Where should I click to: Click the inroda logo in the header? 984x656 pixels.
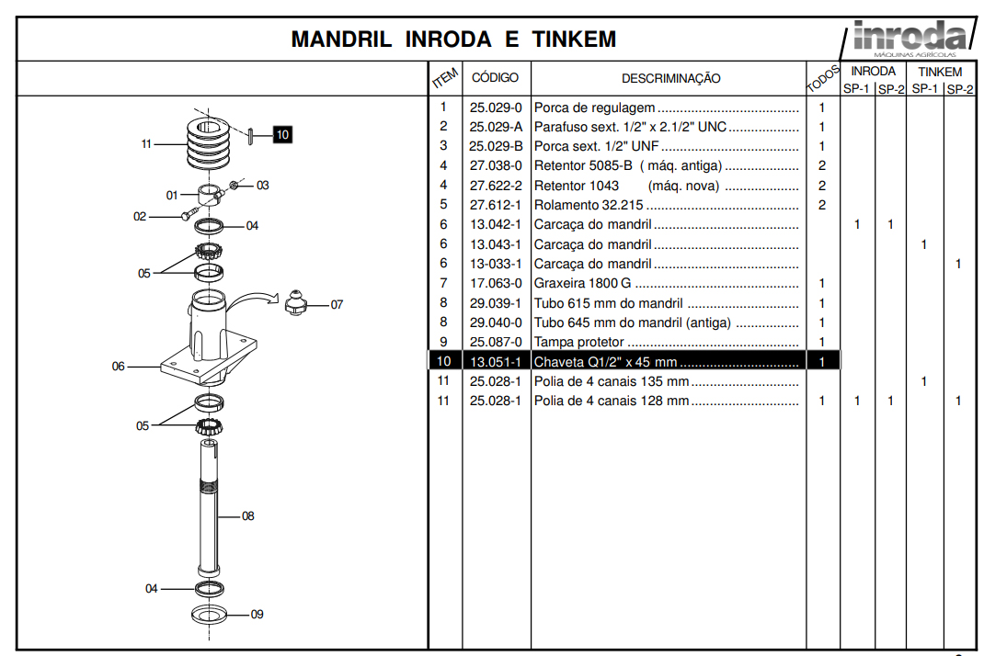point(909,37)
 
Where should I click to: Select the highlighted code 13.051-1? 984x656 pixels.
point(496,362)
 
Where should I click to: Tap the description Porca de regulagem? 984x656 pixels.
point(595,107)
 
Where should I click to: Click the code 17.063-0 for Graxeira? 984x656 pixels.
point(496,284)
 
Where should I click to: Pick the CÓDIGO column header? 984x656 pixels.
point(495,78)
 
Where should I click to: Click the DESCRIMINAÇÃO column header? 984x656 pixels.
point(670,79)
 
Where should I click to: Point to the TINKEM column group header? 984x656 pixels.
point(940,72)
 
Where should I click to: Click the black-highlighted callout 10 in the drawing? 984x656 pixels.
point(282,135)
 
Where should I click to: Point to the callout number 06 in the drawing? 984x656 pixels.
point(118,367)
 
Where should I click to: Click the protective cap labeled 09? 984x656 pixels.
point(210,614)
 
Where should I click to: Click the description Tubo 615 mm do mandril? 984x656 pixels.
point(608,303)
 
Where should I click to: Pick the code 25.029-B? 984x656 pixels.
point(496,146)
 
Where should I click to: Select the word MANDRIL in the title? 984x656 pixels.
point(341,40)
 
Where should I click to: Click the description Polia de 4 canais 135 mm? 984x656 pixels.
point(612,381)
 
